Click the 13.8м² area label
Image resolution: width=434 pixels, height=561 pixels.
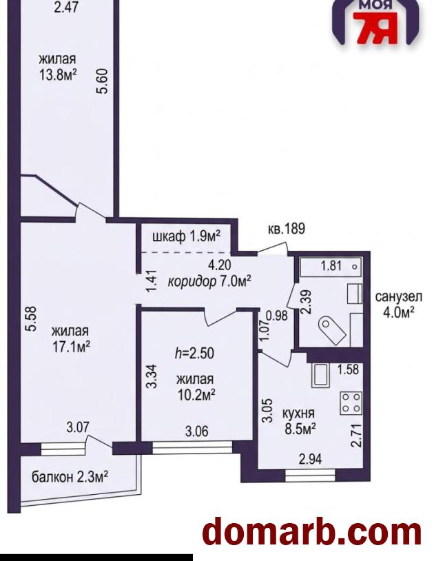[59, 74]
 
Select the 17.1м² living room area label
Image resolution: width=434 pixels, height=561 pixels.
[71, 347]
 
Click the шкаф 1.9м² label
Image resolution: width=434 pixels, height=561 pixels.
[186, 236]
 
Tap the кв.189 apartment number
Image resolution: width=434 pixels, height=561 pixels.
[287, 229]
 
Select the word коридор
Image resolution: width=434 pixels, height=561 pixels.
[192, 282]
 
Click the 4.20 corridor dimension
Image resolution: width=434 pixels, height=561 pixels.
[220, 265]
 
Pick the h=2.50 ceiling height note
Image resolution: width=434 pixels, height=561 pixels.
[194, 354]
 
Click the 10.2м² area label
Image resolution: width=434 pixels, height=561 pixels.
[196, 395]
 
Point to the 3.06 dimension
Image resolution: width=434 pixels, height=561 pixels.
[196, 431]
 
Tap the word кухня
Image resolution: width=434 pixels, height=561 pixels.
[298, 414]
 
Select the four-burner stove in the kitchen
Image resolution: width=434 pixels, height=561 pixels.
[351, 403]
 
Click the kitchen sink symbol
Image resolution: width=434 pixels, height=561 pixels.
[320, 376]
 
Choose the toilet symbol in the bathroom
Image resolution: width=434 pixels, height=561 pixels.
[331, 330]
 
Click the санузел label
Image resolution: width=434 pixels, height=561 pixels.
[399, 296]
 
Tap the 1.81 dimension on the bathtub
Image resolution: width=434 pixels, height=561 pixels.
[331, 266]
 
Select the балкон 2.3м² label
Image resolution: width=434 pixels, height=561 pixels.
[70, 476]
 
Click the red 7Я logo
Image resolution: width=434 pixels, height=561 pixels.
[377, 28]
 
